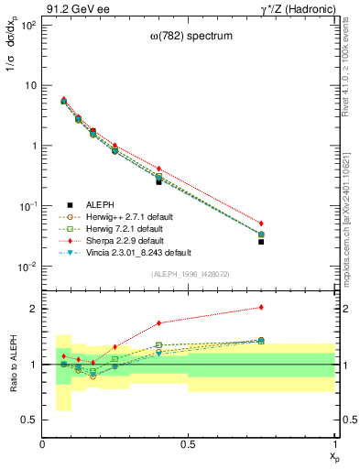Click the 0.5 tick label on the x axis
click(x=189, y=444)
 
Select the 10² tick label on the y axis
click(x=28, y=26)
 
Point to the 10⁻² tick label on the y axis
click(x=28, y=267)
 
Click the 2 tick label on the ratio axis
click(x=33, y=309)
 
